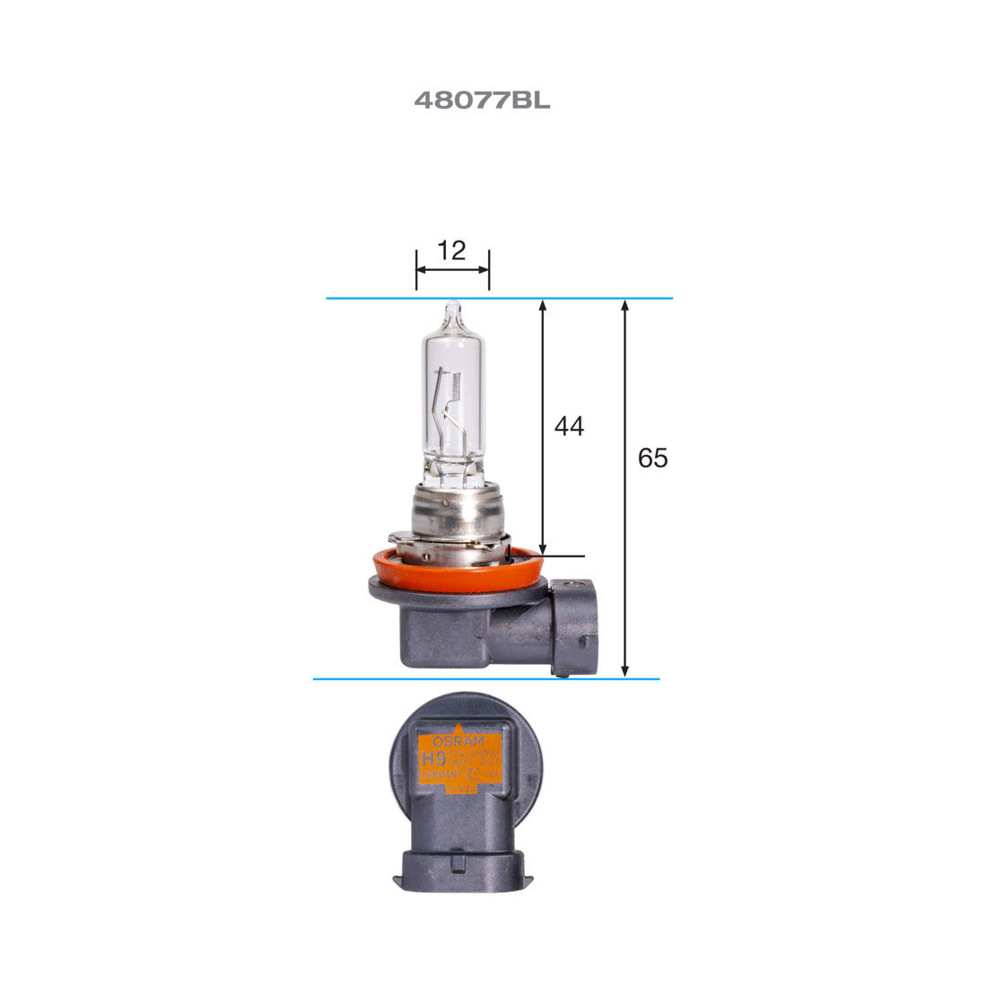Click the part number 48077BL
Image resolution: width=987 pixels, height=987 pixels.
[x=482, y=100]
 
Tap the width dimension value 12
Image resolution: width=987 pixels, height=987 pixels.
[x=452, y=251]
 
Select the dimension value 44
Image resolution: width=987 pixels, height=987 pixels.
[x=569, y=426]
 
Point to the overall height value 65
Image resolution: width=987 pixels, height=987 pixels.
[x=652, y=459]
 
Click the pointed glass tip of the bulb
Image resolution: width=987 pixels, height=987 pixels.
[x=453, y=308]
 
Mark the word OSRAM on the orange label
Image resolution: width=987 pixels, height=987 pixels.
[x=458, y=742]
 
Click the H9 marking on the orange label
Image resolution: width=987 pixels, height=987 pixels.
[x=433, y=759]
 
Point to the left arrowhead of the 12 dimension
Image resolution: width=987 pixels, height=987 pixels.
[x=420, y=267]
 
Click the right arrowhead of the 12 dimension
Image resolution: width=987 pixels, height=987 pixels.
[x=485, y=267]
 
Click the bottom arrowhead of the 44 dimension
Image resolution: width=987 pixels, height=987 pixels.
[x=543, y=549]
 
